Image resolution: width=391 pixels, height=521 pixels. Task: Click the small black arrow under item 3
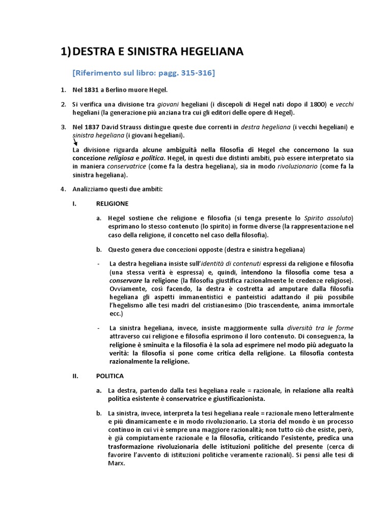(76, 143)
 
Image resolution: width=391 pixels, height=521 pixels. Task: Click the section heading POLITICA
(109, 376)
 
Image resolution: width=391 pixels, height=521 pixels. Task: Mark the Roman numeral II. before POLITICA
(77, 376)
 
